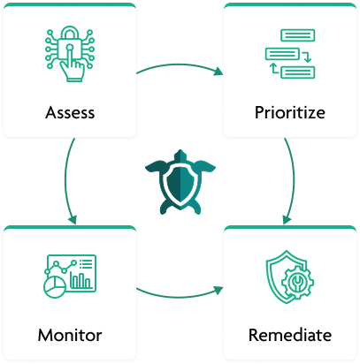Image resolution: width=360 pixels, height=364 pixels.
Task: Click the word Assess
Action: point(70,112)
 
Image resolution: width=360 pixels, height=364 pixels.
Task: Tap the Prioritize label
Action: point(290,112)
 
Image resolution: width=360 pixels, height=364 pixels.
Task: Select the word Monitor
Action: point(70,335)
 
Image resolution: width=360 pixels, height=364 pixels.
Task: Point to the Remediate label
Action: point(290,335)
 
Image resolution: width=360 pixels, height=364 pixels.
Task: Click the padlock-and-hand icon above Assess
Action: point(70,54)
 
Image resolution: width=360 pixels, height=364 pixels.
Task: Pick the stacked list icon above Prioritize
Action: point(290,54)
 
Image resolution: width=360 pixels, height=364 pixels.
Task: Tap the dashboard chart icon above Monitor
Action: point(70,277)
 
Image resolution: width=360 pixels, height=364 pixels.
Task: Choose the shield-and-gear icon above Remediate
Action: point(290,277)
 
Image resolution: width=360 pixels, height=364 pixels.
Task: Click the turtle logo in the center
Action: point(180,182)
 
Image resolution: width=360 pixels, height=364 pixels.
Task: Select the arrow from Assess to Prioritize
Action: point(180,64)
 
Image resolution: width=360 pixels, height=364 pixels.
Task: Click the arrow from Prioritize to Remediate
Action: point(294,179)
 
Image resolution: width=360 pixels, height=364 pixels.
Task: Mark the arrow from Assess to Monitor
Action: point(65,179)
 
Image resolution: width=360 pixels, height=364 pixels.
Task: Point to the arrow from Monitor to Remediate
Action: point(180,296)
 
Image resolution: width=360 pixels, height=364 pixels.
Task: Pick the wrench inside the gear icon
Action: point(297,282)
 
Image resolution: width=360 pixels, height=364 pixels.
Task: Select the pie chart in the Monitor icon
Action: point(55,287)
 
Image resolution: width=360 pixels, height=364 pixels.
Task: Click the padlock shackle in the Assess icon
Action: point(70,33)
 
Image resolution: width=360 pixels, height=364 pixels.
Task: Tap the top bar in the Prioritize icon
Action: point(298,35)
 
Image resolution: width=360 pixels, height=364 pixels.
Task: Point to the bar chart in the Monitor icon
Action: point(80,280)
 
